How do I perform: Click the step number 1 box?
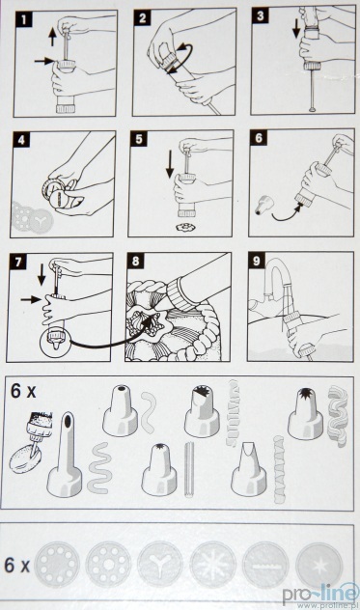(24, 19)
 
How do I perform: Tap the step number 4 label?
(21, 139)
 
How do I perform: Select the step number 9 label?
(257, 261)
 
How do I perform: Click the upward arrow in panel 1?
(52, 39)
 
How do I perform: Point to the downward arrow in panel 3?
(296, 28)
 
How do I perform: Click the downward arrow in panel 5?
(170, 167)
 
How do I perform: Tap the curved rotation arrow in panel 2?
(180, 59)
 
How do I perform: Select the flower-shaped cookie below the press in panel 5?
(182, 226)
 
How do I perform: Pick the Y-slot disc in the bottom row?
(159, 565)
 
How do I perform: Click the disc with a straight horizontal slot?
(265, 566)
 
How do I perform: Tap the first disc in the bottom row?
(57, 564)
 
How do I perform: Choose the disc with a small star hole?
(318, 566)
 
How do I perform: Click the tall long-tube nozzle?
(65, 455)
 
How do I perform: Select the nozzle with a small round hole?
(121, 411)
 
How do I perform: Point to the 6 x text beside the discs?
(16, 566)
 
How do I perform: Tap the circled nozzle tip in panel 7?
(54, 339)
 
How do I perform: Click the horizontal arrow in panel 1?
(44, 61)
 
